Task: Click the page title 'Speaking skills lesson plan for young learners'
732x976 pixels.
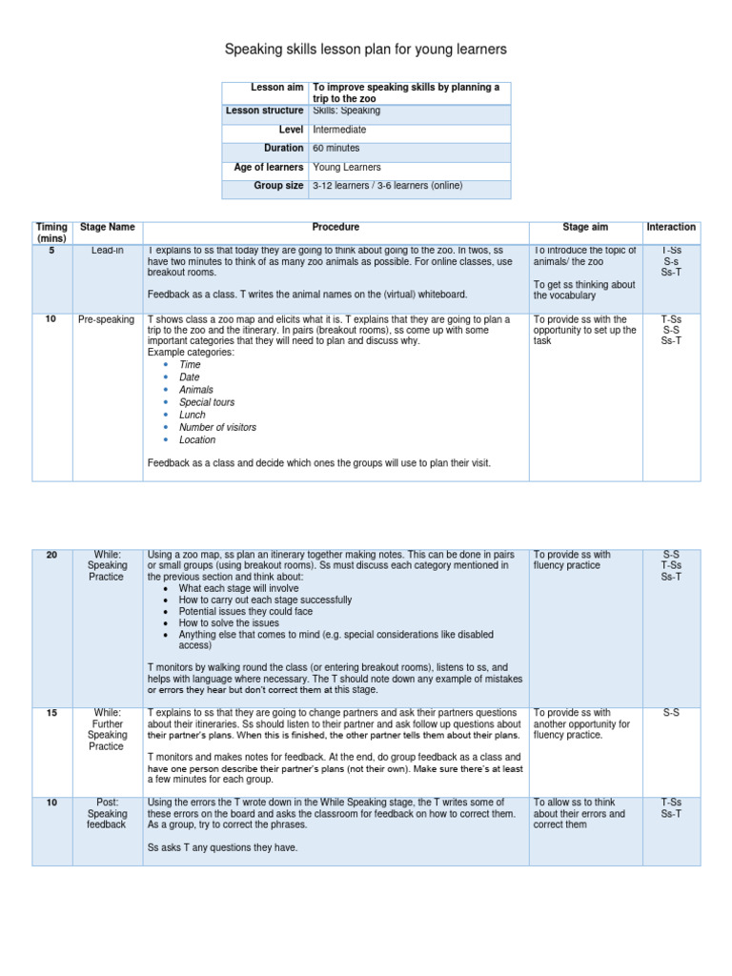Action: [x=365, y=49]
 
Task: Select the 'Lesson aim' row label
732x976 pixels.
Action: [x=276, y=87]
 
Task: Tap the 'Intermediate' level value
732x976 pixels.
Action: [x=339, y=130]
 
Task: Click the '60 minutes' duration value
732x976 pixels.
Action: [x=336, y=149]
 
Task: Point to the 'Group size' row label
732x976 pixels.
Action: [x=278, y=186]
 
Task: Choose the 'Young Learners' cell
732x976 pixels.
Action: [x=346, y=167]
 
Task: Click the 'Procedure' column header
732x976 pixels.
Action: [x=335, y=228]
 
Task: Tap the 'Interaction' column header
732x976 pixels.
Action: [x=671, y=228]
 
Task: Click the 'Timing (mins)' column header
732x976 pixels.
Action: [x=51, y=233]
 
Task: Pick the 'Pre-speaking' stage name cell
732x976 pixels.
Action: [x=106, y=319]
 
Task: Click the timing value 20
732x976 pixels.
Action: [x=51, y=555]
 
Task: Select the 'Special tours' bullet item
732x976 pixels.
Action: [x=207, y=403]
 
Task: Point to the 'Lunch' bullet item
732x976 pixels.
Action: [x=192, y=416]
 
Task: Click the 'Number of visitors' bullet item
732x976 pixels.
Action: [x=217, y=428]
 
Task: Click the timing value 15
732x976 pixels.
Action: [x=51, y=713]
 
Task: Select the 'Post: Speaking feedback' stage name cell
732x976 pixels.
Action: [x=106, y=814]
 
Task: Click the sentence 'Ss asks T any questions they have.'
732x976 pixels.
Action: [x=223, y=847]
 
